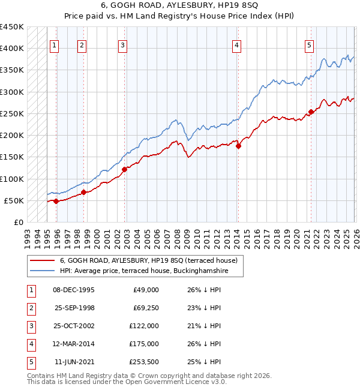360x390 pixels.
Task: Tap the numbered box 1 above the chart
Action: click(54, 44)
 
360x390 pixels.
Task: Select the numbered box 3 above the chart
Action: click(122, 44)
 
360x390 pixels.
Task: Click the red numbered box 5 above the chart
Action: click(309, 44)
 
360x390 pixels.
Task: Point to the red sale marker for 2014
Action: click(238, 145)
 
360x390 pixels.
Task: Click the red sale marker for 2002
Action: click(125, 169)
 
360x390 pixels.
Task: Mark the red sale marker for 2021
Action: click(311, 112)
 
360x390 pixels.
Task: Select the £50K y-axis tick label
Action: click(14, 200)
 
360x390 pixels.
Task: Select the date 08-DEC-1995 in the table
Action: click(74, 290)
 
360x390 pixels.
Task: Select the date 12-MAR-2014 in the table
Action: click(74, 344)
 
